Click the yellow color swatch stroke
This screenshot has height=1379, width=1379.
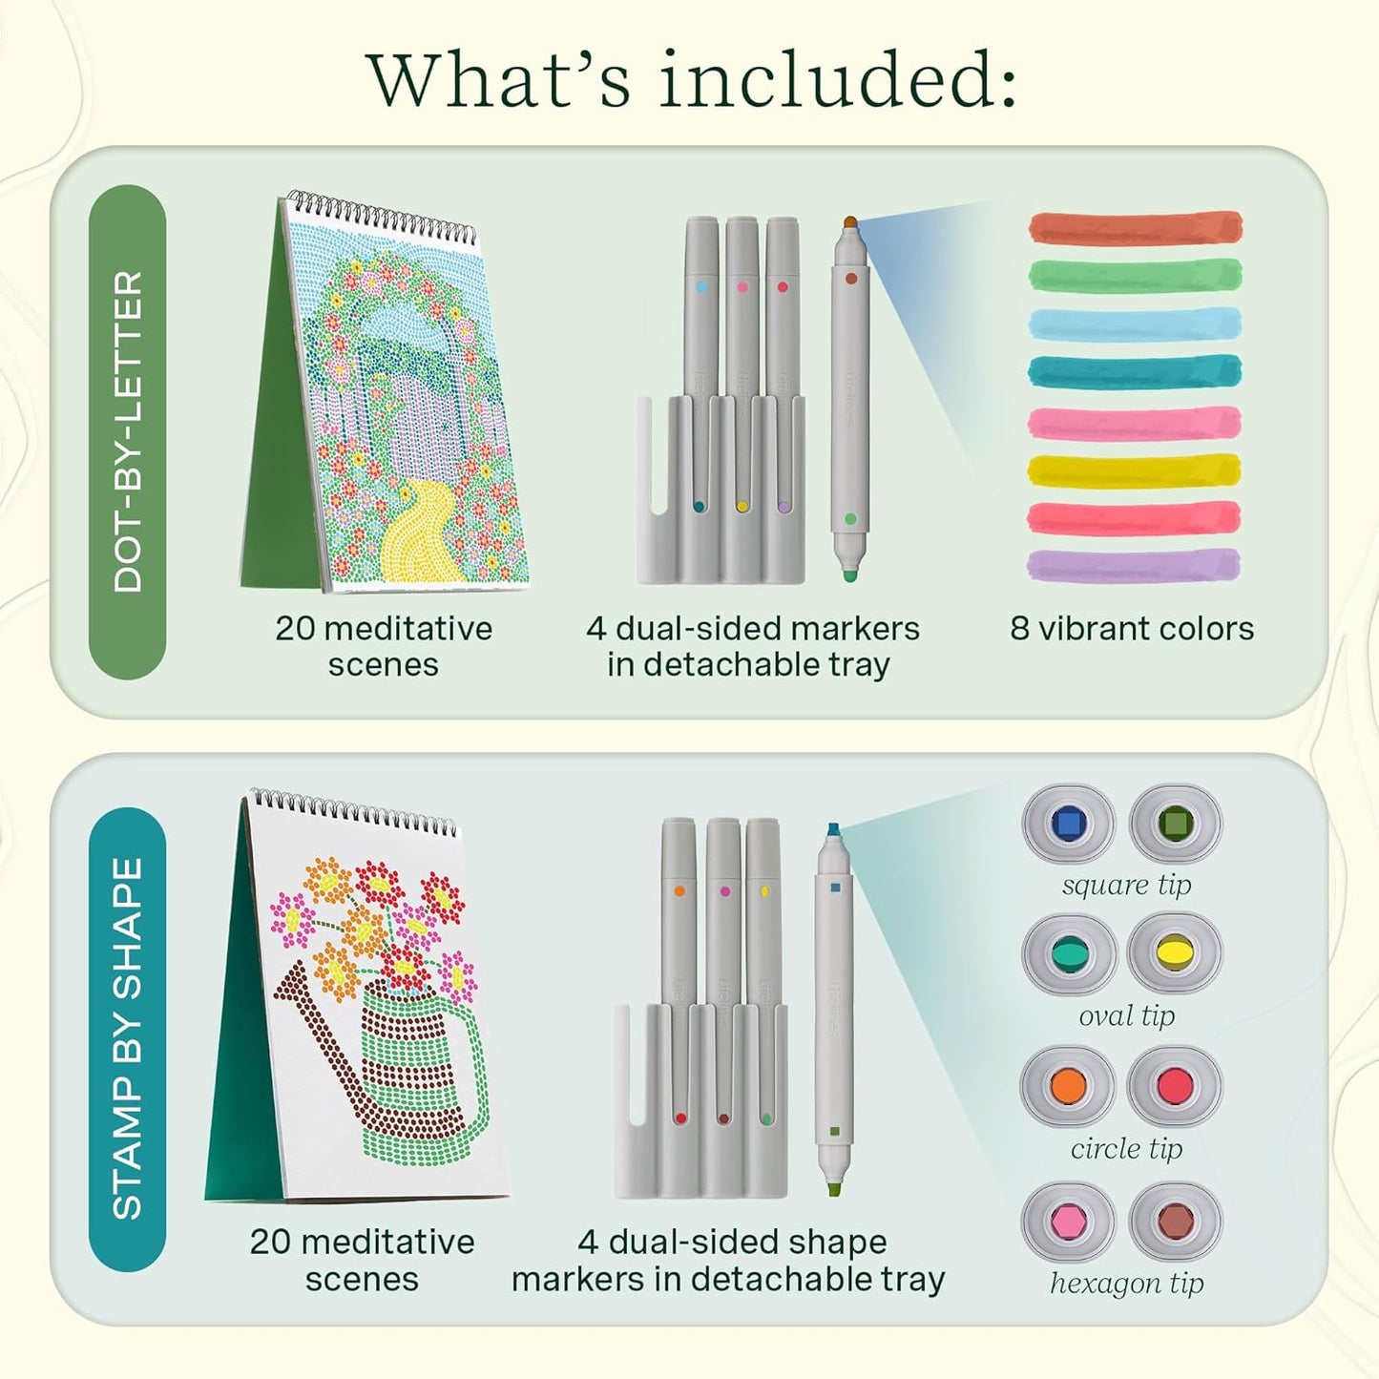tap(1135, 470)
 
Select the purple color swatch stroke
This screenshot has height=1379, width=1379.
tap(1134, 566)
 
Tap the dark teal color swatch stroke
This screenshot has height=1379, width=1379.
tap(1135, 371)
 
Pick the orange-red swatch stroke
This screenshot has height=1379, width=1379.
tap(1136, 227)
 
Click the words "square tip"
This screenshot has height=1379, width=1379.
tap(1126, 886)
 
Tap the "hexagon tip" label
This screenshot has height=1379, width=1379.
tap(1127, 1284)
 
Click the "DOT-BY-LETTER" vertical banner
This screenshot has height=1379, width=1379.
tap(128, 431)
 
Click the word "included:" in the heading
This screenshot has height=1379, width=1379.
tap(837, 80)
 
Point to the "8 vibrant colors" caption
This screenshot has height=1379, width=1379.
tap(1132, 629)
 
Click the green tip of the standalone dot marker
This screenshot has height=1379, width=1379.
tap(850, 575)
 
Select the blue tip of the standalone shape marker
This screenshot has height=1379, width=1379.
tap(834, 831)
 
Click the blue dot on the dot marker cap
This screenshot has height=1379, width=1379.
tap(701, 287)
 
